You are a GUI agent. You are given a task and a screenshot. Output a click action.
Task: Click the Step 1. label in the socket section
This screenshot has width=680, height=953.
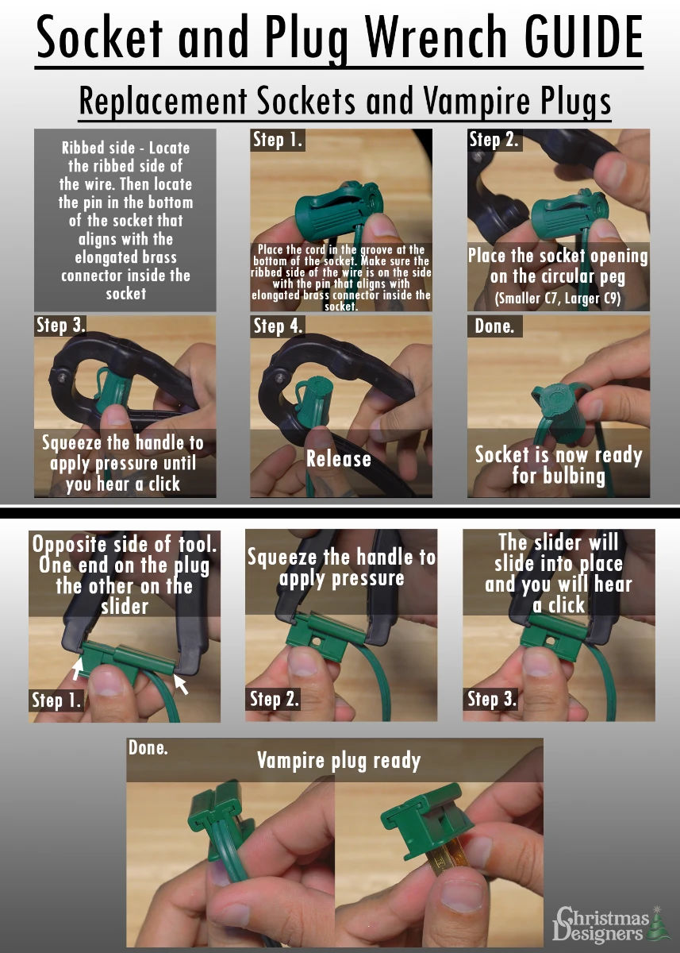click(278, 140)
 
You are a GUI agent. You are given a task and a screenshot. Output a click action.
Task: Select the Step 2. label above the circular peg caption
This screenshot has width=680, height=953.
click(494, 140)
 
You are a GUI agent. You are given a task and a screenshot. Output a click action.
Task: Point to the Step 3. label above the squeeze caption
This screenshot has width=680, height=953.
click(61, 325)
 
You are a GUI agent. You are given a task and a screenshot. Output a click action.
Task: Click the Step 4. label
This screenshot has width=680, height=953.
click(278, 326)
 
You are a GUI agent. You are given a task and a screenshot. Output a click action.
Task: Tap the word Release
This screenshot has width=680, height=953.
click(339, 459)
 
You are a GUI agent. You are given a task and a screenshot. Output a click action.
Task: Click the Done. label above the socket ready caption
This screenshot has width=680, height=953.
click(494, 326)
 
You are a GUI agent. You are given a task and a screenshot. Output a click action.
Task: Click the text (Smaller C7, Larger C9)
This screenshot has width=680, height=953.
click(558, 299)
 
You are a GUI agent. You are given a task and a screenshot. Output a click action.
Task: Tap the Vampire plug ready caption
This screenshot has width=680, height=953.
click(339, 761)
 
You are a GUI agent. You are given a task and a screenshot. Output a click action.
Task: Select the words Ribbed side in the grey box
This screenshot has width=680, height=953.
click(98, 148)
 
